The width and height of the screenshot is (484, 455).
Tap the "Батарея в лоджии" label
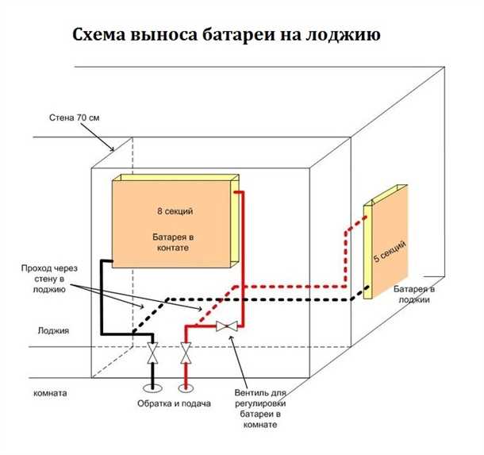tap(415, 293)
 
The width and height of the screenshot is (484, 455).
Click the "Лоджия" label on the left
tap(47, 330)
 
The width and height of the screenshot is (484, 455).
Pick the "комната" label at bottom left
tap(49, 393)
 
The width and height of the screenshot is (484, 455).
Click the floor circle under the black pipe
tap(152, 388)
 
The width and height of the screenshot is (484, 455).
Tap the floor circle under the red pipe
tap(186, 388)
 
